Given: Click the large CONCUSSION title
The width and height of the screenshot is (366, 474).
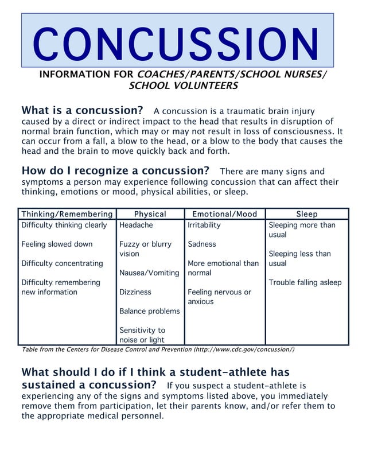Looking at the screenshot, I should [177, 44].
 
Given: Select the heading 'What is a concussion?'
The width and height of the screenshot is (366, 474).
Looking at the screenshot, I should [82, 110].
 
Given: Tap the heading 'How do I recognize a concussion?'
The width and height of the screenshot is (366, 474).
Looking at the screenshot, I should [115, 171].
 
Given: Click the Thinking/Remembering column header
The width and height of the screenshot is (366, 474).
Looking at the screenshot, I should [67, 214].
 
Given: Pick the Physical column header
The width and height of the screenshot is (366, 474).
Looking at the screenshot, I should [150, 214].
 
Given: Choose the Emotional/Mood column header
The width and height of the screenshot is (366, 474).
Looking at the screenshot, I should [224, 214].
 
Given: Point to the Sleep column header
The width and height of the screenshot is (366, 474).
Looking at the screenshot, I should [307, 214].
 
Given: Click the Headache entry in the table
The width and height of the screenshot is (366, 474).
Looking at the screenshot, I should [136, 225].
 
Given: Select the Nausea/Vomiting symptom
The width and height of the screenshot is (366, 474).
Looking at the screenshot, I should [149, 273].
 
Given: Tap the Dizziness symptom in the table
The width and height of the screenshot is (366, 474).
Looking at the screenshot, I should [135, 292].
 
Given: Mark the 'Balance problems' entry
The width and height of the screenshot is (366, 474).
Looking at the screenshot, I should [149, 311].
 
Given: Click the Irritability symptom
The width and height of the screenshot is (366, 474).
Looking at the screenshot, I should [204, 225].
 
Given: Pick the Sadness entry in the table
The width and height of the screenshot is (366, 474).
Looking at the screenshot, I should [202, 244].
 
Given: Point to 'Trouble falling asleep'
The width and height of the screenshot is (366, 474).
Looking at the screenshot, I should [305, 282].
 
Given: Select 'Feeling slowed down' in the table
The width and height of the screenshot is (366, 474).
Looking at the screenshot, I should [57, 244].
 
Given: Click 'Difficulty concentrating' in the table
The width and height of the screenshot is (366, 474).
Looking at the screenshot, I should [62, 263].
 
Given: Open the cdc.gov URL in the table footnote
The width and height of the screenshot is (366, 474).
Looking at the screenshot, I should [244, 349].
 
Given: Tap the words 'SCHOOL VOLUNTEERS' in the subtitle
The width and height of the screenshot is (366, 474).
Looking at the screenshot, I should [183, 86].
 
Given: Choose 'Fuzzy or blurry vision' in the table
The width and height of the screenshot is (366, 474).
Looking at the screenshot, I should [145, 248].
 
